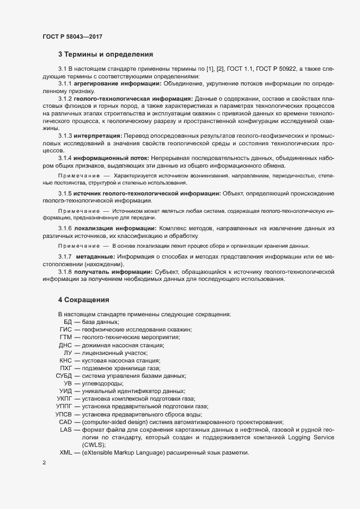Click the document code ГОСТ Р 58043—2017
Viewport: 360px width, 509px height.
[x=72, y=36]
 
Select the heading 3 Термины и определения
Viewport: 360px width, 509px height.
[x=106, y=54]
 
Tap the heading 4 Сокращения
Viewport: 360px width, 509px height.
[x=84, y=299]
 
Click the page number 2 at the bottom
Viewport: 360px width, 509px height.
[x=44, y=463]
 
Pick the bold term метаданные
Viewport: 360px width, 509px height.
[x=94, y=256]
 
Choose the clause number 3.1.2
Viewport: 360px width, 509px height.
[x=65, y=99]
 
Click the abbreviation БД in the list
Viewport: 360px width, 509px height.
[x=68, y=322]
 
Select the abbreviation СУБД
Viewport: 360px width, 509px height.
[x=64, y=376]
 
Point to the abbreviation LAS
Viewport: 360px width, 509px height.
[x=66, y=430]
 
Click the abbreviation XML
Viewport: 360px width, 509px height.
[x=65, y=452]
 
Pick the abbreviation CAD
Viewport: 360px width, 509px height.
[x=65, y=422]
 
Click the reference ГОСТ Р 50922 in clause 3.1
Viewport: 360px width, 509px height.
[x=272, y=69]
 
